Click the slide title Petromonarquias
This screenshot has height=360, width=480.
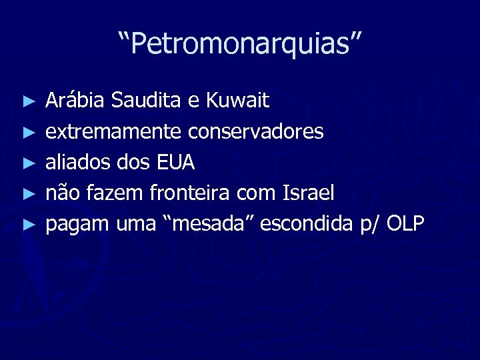[240, 45]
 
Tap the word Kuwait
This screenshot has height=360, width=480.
[238, 101]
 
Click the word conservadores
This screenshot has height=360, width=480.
[256, 132]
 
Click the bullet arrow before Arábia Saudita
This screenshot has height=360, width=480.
[27, 102]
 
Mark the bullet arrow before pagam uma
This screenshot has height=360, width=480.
[27, 225]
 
